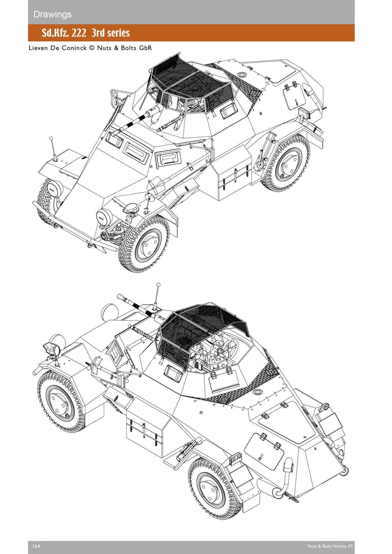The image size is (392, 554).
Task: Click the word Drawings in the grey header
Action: [x=53, y=14]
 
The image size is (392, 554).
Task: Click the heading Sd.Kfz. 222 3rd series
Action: [x=86, y=33]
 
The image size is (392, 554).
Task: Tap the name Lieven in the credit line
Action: [x=38, y=48]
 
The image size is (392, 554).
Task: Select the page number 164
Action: [x=36, y=546]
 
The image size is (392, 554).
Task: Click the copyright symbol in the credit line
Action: [x=92, y=48]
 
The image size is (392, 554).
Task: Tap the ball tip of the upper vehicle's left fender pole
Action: [x=51, y=138]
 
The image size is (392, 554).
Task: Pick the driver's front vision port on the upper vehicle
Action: [x=136, y=152]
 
